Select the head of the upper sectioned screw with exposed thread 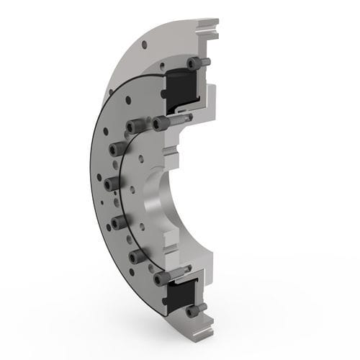[160, 124]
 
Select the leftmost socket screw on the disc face [110, 185]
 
